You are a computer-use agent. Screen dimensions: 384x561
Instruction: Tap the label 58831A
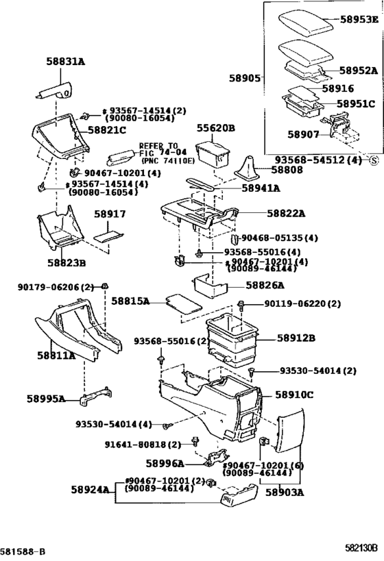(x=66, y=62)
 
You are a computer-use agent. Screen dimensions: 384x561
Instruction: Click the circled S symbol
(x=374, y=160)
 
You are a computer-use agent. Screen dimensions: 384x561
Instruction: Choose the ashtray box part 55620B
(x=212, y=154)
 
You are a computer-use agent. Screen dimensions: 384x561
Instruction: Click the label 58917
(x=110, y=214)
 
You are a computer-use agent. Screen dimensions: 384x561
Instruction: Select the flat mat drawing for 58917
(x=108, y=237)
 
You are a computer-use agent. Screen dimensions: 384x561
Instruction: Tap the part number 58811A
(x=56, y=356)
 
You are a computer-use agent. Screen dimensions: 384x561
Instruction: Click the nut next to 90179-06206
(x=105, y=286)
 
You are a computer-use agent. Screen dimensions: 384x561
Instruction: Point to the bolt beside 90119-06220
(x=241, y=306)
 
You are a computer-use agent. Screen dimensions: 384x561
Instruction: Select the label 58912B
(x=296, y=338)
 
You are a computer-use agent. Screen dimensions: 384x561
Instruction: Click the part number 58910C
(x=294, y=395)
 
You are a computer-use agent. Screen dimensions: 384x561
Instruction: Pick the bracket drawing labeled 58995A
(x=95, y=397)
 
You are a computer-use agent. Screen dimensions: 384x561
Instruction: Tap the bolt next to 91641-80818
(x=195, y=442)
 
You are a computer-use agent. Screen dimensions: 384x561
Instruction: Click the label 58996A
(x=165, y=464)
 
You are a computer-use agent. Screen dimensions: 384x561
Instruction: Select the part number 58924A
(x=90, y=490)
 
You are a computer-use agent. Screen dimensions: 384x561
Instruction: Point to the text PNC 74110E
(x=168, y=161)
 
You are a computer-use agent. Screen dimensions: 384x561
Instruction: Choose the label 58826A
(x=265, y=285)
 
